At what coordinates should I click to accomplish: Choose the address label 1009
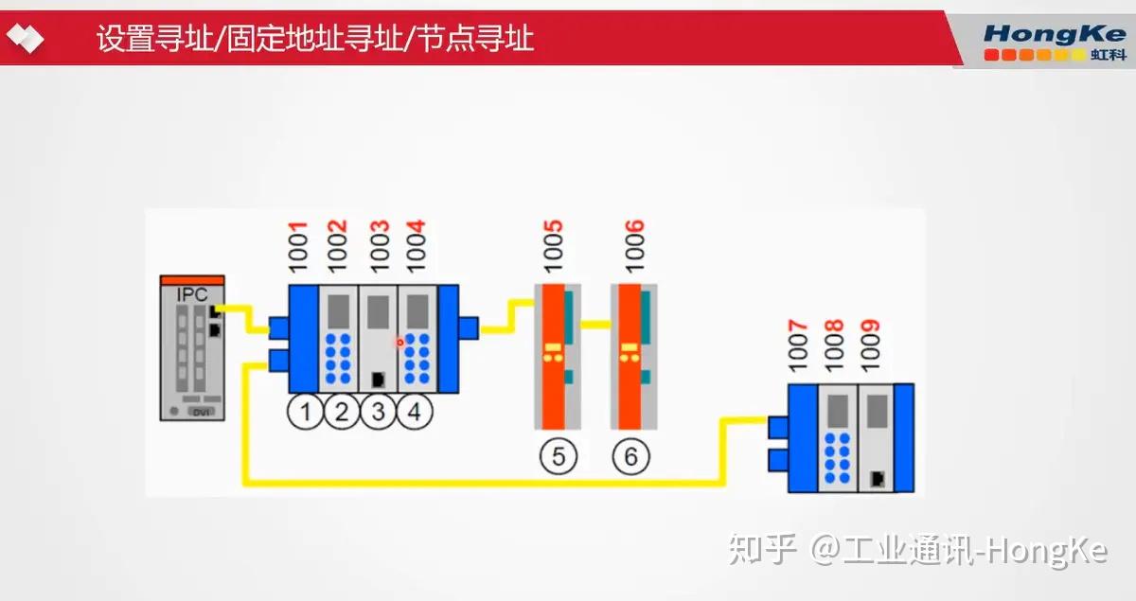tap(871, 347)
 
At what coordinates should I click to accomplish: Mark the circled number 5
tap(559, 456)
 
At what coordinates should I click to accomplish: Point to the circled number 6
tap(631, 456)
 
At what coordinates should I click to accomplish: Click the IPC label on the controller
tap(192, 294)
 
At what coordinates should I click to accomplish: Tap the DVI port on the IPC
tap(199, 413)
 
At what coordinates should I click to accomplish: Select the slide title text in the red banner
tap(315, 39)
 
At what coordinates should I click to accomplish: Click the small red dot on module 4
tap(399, 342)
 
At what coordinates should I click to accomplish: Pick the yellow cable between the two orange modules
tap(595, 324)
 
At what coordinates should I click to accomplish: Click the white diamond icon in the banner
tap(25, 39)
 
